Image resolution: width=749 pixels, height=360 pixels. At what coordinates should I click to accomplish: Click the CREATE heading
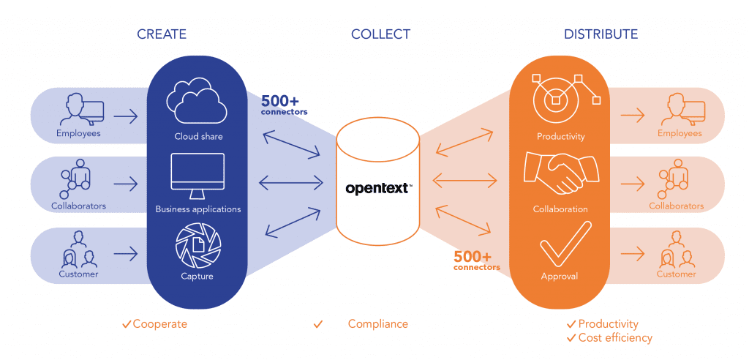[x=161, y=34]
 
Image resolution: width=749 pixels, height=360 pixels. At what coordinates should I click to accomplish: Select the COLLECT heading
[x=380, y=34]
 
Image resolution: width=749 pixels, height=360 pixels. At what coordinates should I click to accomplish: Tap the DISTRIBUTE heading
[x=601, y=34]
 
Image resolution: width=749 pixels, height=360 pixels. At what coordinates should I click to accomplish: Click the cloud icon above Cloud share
[x=197, y=103]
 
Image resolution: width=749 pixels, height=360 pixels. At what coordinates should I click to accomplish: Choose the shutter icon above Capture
[x=197, y=246]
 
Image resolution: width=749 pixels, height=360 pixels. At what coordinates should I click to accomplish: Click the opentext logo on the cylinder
[x=378, y=188]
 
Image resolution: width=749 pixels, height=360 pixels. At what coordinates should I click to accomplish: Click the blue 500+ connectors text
[x=285, y=104]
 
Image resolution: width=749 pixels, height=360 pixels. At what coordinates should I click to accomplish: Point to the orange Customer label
[x=677, y=274]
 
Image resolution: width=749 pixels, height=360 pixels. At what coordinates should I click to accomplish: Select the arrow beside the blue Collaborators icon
[x=126, y=184]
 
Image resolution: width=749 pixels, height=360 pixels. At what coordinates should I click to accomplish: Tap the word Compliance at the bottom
[x=377, y=324]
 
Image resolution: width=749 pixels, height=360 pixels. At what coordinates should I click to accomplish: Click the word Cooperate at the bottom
[x=159, y=324]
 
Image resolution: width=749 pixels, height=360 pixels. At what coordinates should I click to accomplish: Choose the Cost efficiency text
[x=615, y=338]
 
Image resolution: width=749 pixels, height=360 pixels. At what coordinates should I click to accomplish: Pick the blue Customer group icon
[x=78, y=250]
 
